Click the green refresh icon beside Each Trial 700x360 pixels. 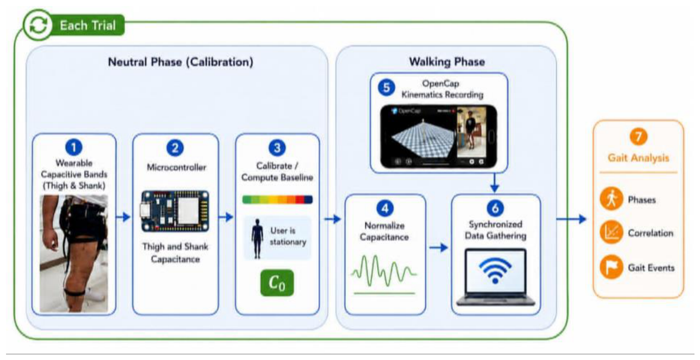(x=38, y=25)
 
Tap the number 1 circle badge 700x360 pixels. (x=74, y=147)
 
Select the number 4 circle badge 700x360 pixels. (x=385, y=208)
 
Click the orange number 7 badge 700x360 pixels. (x=638, y=137)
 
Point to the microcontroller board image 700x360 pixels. (x=175, y=211)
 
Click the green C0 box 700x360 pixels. (x=277, y=283)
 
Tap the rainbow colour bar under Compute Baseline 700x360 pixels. (x=278, y=200)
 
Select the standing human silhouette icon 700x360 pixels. (x=257, y=238)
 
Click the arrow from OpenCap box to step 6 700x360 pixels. (x=495, y=182)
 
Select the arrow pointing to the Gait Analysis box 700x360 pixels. (x=571, y=219)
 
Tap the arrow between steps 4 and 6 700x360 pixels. (x=438, y=248)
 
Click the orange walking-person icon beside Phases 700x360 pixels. (x=611, y=199)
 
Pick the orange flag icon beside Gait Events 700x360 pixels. (x=611, y=267)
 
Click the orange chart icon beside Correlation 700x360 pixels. (x=611, y=232)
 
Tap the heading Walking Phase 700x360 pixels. (x=447, y=62)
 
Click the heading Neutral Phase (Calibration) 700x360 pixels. (x=181, y=62)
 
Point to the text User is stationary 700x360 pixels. (x=288, y=236)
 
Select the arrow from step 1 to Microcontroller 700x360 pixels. (x=123, y=217)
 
